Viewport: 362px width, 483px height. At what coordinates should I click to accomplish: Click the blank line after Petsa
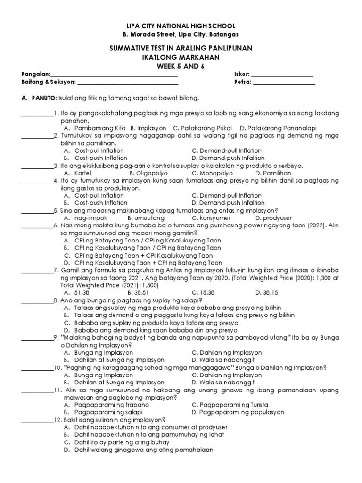click(x=284, y=83)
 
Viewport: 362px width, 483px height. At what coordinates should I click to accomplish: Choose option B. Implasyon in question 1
click(x=148, y=128)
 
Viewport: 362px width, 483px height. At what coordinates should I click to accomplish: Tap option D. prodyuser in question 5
click(x=273, y=218)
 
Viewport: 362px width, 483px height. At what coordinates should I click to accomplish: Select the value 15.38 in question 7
click(x=206, y=292)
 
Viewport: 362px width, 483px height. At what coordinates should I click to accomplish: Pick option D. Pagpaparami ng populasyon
click(x=238, y=412)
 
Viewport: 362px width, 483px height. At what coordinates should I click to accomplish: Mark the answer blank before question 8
click(x=37, y=301)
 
